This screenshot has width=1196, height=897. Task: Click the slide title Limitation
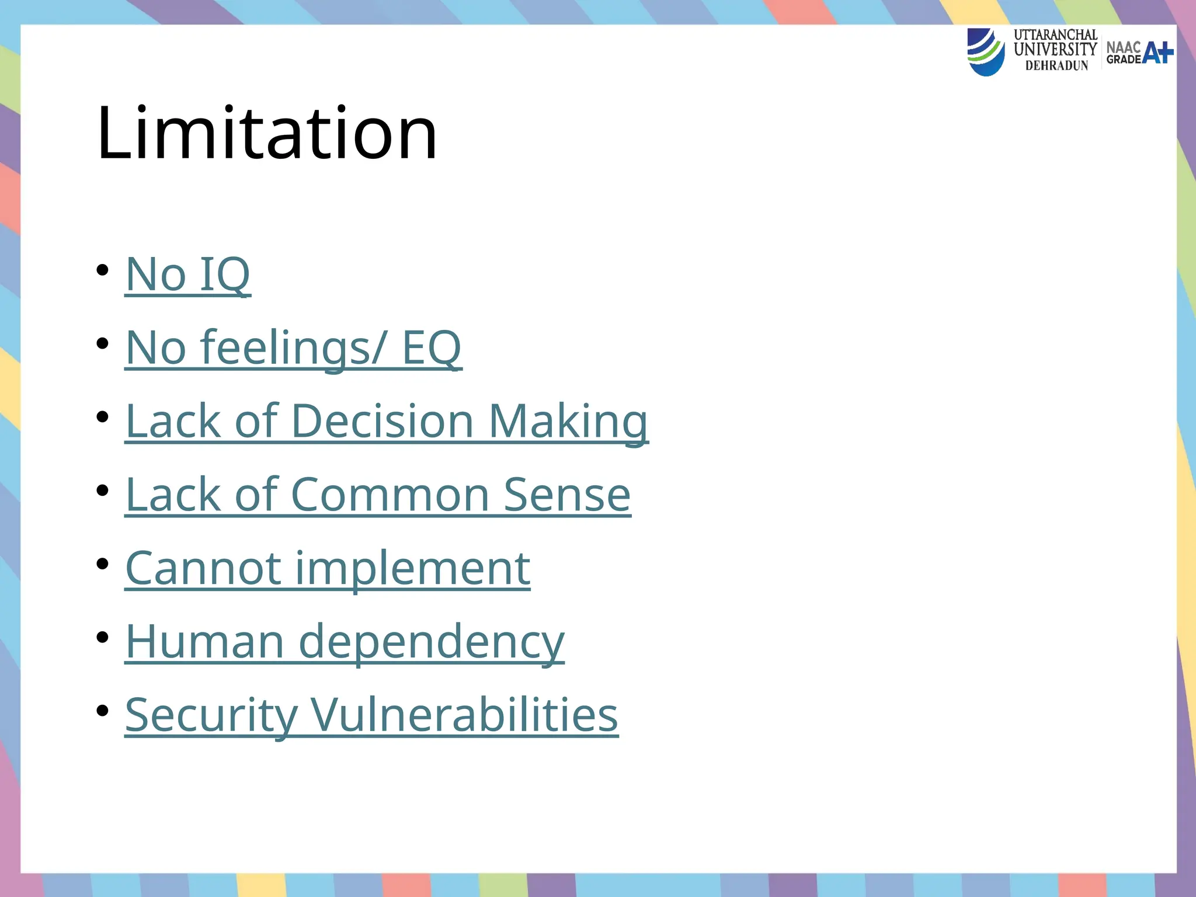[x=267, y=133]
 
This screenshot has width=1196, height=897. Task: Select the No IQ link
[x=187, y=274]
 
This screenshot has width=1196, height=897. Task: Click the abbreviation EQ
[x=432, y=347]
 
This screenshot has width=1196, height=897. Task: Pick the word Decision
[x=382, y=421]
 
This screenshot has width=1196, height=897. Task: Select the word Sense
[x=567, y=495]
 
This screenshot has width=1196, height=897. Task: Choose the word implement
[x=413, y=568]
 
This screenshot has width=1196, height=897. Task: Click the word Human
[x=204, y=642]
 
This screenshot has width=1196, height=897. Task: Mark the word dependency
[x=432, y=642]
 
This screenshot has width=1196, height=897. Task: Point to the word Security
[x=211, y=715]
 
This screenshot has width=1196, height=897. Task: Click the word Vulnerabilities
[x=464, y=715]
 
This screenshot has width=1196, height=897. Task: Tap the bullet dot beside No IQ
[x=103, y=270]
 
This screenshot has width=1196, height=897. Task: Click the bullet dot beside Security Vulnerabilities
[x=103, y=711]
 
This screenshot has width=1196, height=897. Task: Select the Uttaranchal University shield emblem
[x=986, y=52]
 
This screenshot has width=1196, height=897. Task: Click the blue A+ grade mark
[x=1157, y=53]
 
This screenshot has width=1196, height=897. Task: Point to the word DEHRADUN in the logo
[x=1056, y=66]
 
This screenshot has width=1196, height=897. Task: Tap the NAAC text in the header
[x=1123, y=47]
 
